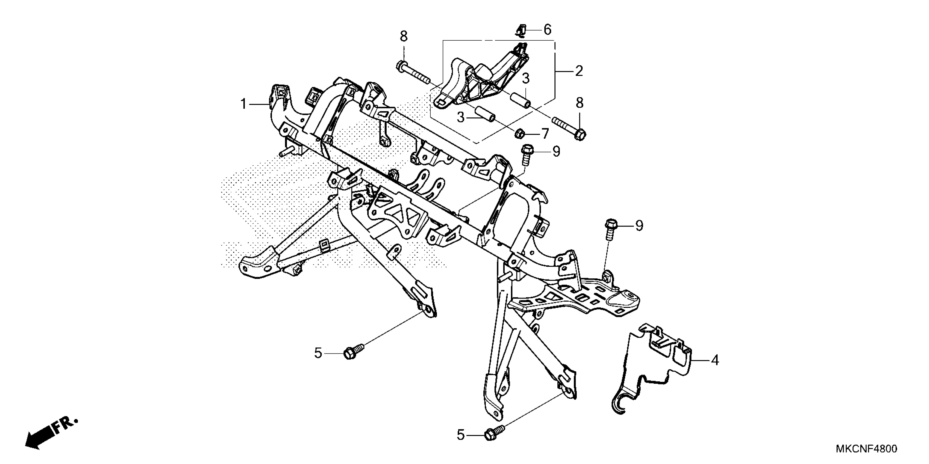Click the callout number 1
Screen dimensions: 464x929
243,105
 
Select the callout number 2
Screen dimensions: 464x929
579,71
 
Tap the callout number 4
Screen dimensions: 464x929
715,360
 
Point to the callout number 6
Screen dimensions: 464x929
548,29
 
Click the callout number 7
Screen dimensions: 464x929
545,134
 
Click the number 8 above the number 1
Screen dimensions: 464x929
404,36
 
